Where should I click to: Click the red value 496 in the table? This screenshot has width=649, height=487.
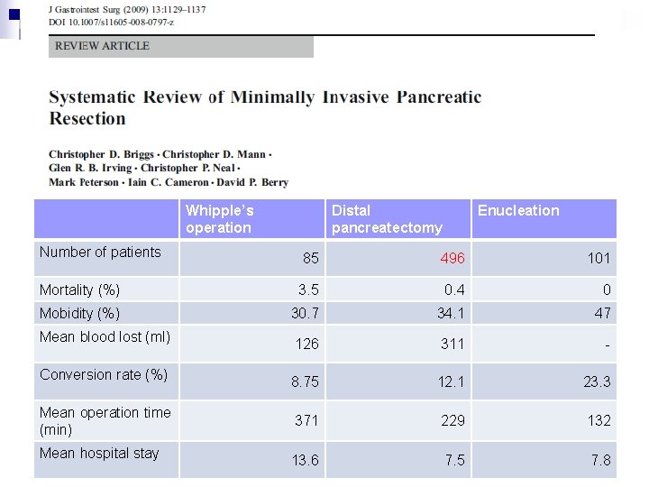452,259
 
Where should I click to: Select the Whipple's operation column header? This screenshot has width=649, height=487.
220,219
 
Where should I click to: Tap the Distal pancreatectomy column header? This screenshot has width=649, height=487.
387,219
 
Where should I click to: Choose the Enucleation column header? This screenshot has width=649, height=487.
518,211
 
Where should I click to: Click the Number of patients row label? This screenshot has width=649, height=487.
100,253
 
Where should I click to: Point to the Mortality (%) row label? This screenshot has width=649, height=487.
79,290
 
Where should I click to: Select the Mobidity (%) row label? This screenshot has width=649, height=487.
79,314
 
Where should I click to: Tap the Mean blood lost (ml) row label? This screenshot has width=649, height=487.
105,337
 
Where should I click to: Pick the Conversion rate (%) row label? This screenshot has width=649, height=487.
104,375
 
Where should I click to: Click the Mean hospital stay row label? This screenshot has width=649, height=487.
99,454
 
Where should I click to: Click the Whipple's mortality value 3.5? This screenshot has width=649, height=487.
308,290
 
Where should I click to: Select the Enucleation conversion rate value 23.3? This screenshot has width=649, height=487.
597,382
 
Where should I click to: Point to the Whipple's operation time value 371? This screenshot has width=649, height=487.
307,421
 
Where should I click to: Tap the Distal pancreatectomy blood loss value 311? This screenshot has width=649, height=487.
452,344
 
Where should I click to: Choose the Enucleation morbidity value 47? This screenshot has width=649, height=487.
602,314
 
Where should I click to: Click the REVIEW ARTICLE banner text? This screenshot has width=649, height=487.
103,46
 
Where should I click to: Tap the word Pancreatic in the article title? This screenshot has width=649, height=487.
437,97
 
